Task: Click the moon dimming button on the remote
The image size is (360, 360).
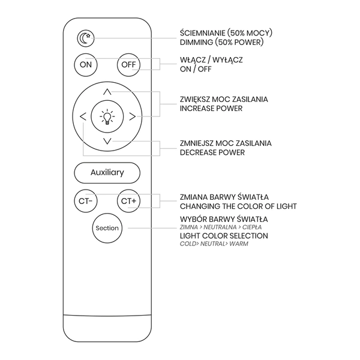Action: [86, 38]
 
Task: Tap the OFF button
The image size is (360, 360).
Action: [128, 65]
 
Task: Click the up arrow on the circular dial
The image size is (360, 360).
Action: [107, 92]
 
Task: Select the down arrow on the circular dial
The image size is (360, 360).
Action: [107, 141]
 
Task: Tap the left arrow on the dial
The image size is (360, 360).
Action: [83, 116]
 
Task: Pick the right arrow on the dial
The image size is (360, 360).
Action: [132, 116]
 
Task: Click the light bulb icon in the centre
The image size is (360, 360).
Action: [107, 116]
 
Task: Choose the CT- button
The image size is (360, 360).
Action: [86, 201]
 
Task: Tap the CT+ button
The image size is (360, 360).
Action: [128, 201]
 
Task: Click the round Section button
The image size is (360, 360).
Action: [107, 228]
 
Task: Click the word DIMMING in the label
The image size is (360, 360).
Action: [196, 43]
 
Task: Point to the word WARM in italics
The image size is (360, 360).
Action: [239, 244]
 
